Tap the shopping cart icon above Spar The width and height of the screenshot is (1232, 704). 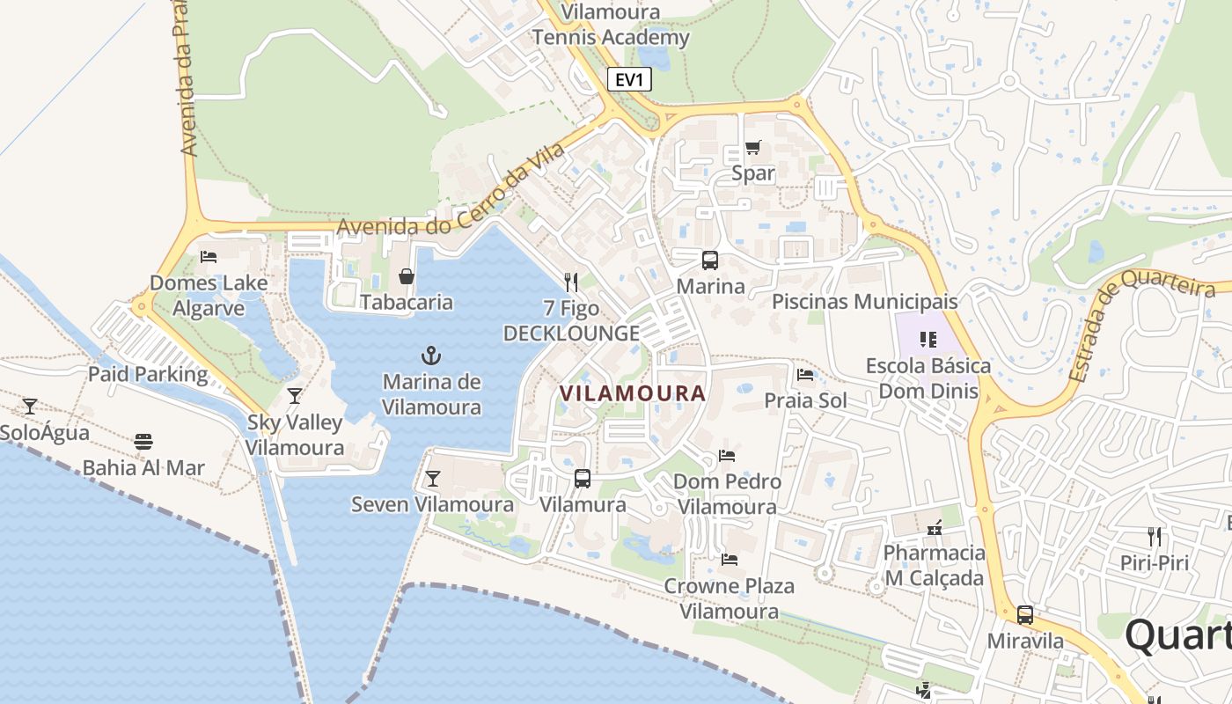click(x=752, y=147)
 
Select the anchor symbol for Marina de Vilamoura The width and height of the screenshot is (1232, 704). click(x=431, y=356)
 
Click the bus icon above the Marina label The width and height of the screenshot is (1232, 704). click(x=709, y=260)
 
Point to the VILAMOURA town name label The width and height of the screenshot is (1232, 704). click(x=632, y=393)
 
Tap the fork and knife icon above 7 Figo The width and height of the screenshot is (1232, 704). click(x=571, y=282)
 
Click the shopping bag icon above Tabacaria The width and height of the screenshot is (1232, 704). click(x=407, y=276)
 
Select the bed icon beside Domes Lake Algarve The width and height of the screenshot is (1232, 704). click(x=209, y=257)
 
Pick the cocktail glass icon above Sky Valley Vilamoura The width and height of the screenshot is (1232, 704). click(x=295, y=396)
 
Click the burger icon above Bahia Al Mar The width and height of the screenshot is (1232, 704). click(x=143, y=442)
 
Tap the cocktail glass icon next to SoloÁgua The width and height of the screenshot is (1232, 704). click(x=30, y=407)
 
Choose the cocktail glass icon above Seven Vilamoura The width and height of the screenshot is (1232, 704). click(x=432, y=479)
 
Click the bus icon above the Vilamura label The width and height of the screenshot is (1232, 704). click(x=583, y=479)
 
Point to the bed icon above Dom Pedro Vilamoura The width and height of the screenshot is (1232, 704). click(x=727, y=456)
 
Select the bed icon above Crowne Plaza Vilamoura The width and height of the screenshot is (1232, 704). click(x=730, y=560)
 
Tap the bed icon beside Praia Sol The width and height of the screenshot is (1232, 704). click(x=805, y=375)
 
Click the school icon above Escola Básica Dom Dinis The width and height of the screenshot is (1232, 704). click(x=928, y=340)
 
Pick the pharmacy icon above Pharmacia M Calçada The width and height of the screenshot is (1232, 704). click(x=935, y=528)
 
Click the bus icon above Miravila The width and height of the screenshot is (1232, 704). click(x=1025, y=615)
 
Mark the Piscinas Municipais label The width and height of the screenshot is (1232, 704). click(x=864, y=302)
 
